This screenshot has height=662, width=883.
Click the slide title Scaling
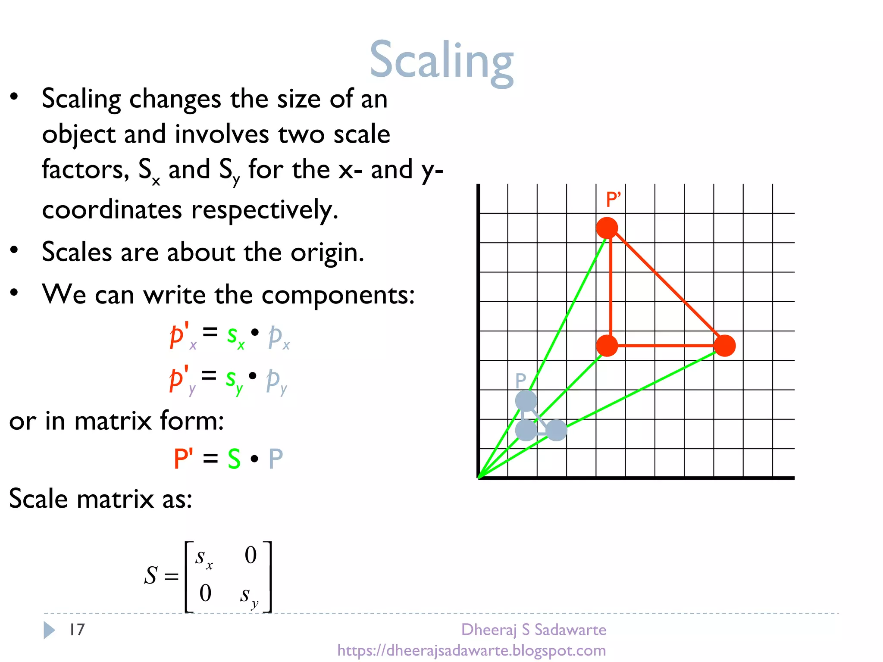pos(441,60)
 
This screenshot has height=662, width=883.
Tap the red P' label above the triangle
pos(613,200)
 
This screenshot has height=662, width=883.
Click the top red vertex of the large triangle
pos(607,228)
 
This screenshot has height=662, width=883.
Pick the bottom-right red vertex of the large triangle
pos(724,346)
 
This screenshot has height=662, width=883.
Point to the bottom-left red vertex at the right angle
pos(607,346)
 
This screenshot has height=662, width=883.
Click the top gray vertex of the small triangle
pos(526,401)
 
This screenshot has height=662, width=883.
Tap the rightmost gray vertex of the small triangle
pos(556,430)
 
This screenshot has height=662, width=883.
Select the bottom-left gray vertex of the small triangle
pos(526,430)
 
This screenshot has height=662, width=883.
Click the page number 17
pos(77,630)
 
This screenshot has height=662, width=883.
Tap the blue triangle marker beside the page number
pos(49,630)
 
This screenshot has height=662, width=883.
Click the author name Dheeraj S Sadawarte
pos(534,630)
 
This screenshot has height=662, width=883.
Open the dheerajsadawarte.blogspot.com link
pos(472,650)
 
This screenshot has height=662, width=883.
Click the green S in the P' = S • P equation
pos(234,459)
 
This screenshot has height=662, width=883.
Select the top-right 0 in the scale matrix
pos(250,555)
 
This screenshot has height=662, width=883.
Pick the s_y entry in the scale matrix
pos(249,596)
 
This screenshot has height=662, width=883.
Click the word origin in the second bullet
pos(327,253)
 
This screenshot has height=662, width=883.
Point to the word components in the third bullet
pos(338,296)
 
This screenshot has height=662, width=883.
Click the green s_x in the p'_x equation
pos(235,335)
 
